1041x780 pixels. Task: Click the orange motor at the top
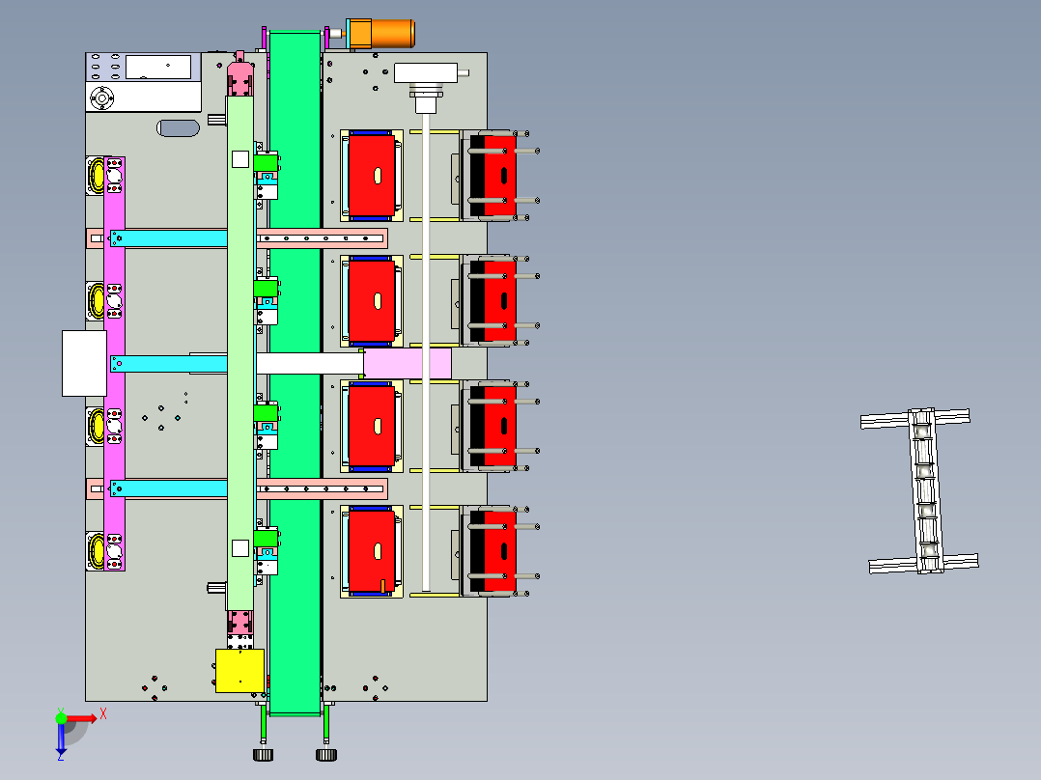[381, 33]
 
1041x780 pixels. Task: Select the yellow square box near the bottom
[239, 671]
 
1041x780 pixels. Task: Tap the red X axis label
[103, 714]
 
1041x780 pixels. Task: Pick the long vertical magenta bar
[114, 364]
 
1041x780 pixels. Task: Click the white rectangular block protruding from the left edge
[84, 363]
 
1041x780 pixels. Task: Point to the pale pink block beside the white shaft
[408, 364]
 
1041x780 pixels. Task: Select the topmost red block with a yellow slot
[371, 176]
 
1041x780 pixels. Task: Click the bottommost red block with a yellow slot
[371, 551]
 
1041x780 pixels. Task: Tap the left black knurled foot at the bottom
[263, 755]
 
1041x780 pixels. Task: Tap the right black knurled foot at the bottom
[326, 755]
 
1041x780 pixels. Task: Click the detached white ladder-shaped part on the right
[920, 490]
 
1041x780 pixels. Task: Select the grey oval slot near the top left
[178, 128]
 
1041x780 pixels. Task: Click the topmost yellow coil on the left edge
[97, 176]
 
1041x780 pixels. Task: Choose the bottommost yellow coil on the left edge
[97, 551]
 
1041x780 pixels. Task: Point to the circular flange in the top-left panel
[101, 98]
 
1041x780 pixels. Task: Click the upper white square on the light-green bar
[240, 159]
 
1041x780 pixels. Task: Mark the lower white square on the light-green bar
[240, 547]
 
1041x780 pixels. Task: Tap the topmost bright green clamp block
[266, 162]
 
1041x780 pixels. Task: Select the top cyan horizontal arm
[169, 238]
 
